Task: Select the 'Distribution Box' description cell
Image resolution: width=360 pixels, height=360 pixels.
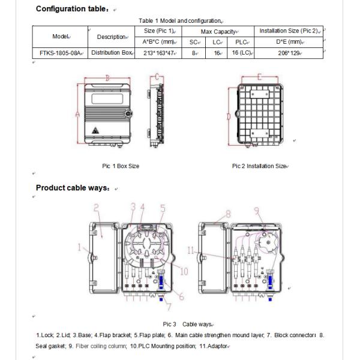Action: (x=111, y=53)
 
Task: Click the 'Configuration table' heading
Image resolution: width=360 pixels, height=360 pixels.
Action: (x=73, y=9)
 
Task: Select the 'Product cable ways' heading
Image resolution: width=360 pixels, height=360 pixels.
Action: (x=72, y=188)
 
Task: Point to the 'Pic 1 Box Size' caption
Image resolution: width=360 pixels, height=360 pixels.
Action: (x=121, y=166)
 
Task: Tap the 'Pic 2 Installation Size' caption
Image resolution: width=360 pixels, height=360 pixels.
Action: (x=259, y=166)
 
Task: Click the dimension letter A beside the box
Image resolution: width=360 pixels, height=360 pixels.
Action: (x=78, y=113)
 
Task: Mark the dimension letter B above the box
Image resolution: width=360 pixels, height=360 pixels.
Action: (x=107, y=77)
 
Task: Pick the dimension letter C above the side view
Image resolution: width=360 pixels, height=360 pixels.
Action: (x=157, y=77)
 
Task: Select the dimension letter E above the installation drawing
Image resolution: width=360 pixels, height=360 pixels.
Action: (x=259, y=77)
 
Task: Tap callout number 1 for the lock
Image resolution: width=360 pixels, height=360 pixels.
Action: (x=79, y=247)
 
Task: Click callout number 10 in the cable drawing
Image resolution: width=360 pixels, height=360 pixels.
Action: (x=184, y=271)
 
